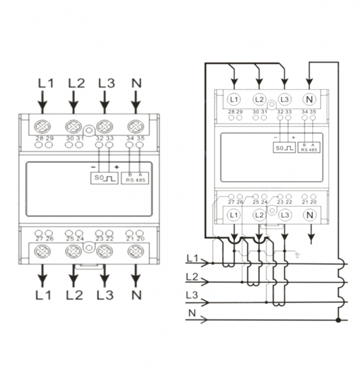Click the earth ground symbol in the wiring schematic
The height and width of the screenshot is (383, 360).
pos(297,256)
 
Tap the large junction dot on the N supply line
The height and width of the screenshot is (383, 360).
pos(338,320)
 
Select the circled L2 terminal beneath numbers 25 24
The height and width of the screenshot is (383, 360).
pos(259,215)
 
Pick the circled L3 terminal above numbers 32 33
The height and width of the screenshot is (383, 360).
pos(284,100)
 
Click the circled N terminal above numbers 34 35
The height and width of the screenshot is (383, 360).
pos(309,100)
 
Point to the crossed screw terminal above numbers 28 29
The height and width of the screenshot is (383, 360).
pos(43,126)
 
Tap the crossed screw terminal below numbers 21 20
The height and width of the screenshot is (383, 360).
pos(136,252)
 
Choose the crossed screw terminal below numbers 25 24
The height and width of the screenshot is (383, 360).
pos(73,252)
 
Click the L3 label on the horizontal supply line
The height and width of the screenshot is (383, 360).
pos(191,295)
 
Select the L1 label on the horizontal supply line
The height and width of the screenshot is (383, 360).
pos(193,258)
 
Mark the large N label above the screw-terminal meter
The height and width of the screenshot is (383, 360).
pos(137,83)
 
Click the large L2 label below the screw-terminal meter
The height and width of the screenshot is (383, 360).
pos(74,295)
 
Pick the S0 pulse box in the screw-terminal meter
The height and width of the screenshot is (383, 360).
pos(104,178)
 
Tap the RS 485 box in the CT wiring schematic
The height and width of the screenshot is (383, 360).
pos(309,148)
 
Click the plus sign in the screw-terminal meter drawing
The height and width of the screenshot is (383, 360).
pos(117,167)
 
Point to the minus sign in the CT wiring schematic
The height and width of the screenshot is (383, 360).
pos(276,137)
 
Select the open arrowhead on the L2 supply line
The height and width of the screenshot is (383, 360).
pos(205,282)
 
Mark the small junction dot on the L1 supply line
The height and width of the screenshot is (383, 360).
pos(213,263)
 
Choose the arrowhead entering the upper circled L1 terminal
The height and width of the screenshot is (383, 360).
pos(234,82)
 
